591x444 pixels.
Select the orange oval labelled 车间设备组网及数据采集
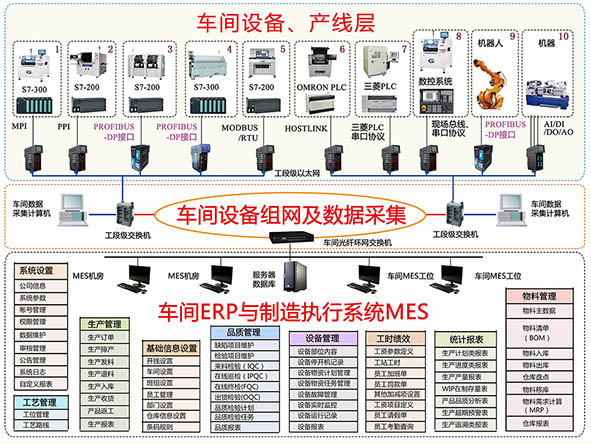pos(292,214)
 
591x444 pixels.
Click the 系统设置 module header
pos(36,271)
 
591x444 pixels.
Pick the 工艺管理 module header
pos(36,401)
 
